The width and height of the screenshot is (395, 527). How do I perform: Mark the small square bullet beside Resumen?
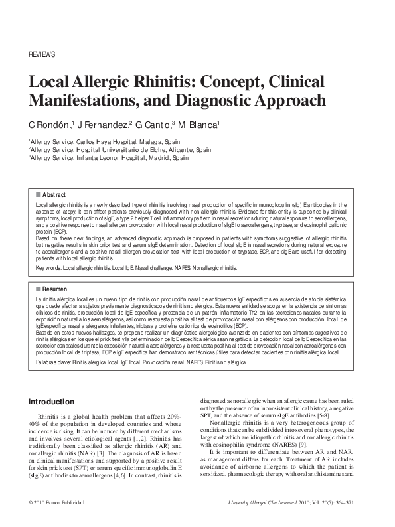coord(39,290)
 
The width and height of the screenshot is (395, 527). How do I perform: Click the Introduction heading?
coord(51,402)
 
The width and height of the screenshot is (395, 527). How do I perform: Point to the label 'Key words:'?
coord(48,267)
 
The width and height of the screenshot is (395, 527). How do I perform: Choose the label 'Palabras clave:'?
coord(52,364)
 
